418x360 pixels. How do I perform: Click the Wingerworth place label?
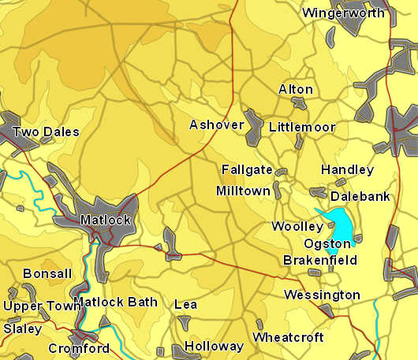pos(343,13)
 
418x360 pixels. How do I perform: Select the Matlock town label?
pos(105,220)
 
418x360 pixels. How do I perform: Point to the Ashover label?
pos(216,124)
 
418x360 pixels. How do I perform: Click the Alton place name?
pos(295,89)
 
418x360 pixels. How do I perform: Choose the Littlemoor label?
pos(302,127)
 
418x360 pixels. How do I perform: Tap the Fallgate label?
pos(247,169)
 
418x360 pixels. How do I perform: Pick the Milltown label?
pos(243,191)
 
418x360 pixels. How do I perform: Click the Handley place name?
pos(347,169)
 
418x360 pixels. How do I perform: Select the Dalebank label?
pos(360,196)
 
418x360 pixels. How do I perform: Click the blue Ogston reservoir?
pos(341,223)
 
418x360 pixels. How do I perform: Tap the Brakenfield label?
pos(319,260)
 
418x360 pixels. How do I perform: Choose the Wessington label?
pos(322,295)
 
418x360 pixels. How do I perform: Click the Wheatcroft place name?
pos(288,337)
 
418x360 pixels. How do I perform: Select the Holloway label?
pos(214,346)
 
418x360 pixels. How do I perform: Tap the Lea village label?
pos(185,304)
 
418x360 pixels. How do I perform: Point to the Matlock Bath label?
pos(115,302)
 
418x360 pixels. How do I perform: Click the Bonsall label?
pos(47,273)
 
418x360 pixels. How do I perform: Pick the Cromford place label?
pos(79,348)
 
